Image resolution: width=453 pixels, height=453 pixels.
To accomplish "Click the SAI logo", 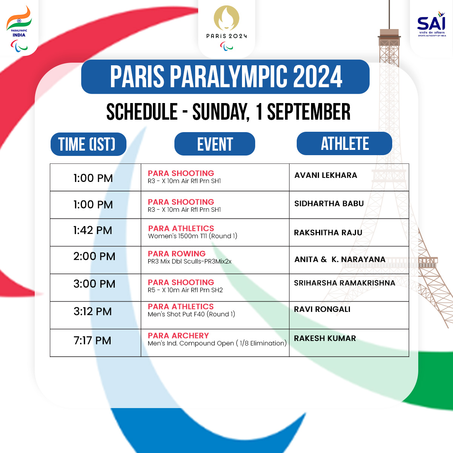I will pos(431,24).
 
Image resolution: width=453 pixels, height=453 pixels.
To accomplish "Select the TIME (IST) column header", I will pos(88,144).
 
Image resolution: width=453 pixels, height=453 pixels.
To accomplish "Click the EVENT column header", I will pos(215,144).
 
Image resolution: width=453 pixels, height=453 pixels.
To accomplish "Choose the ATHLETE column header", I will pos(344,143).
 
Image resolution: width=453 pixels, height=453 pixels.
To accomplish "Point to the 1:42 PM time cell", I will pos(93,230).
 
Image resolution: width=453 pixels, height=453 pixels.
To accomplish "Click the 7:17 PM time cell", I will pos(92,341).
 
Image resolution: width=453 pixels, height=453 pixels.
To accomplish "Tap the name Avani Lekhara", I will pos(326,175).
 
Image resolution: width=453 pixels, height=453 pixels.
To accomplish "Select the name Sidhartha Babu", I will pos(329,203).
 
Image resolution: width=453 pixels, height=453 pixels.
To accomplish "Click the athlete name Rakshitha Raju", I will pos(328,233).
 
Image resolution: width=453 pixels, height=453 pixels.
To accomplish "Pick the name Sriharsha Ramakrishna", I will pos(345,283).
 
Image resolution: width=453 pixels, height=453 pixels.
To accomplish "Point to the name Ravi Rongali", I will pos(322,309).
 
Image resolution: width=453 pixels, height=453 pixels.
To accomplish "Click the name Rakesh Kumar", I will pos(325,338).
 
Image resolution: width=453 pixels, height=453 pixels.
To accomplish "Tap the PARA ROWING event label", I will pos(177,254).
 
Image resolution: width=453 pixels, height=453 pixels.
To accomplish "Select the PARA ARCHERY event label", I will pos(178,336).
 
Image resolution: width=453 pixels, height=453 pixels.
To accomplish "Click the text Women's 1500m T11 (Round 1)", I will pos(193,236).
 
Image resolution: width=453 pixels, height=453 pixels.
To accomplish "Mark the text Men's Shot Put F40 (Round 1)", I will pos(191,314).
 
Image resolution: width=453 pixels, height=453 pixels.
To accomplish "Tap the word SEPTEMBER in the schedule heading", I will pos(309,112).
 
